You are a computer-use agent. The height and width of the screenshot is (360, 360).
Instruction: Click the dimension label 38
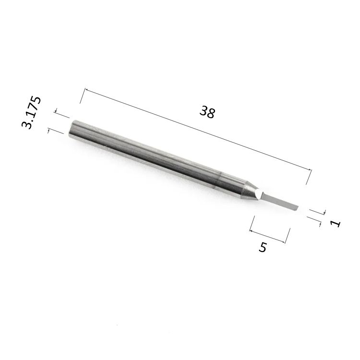click(x=207, y=112)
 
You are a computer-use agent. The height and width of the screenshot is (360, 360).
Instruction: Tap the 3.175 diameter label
click(x=31, y=112)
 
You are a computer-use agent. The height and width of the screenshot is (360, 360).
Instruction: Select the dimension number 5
click(x=263, y=247)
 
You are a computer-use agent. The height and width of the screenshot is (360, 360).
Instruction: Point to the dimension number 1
click(x=336, y=223)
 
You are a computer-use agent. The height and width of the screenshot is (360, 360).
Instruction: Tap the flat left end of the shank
click(x=72, y=129)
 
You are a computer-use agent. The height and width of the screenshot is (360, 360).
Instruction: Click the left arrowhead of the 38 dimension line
click(x=86, y=90)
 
